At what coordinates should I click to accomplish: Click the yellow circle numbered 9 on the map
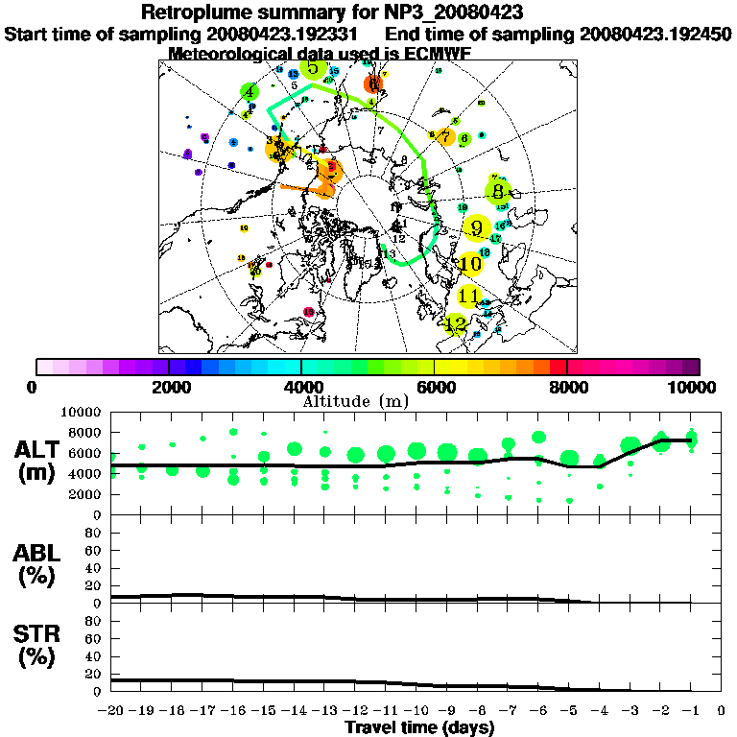click(x=477, y=228)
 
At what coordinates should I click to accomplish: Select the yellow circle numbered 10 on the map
click(x=470, y=264)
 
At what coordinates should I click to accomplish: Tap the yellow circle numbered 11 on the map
click(x=469, y=296)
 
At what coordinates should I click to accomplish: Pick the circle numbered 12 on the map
click(x=457, y=324)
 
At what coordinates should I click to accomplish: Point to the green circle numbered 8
click(x=497, y=192)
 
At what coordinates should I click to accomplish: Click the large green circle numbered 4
click(x=250, y=92)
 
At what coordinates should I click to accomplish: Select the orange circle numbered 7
click(x=445, y=137)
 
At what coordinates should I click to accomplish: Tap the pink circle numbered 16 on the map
click(x=309, y=312)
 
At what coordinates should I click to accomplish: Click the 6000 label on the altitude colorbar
click(x=435, y=388)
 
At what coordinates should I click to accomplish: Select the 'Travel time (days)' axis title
click(x=418, y=728)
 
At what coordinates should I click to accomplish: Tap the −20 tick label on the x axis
click(x=112, y=711)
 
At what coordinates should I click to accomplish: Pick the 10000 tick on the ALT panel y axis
click(x=83, y=412)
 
